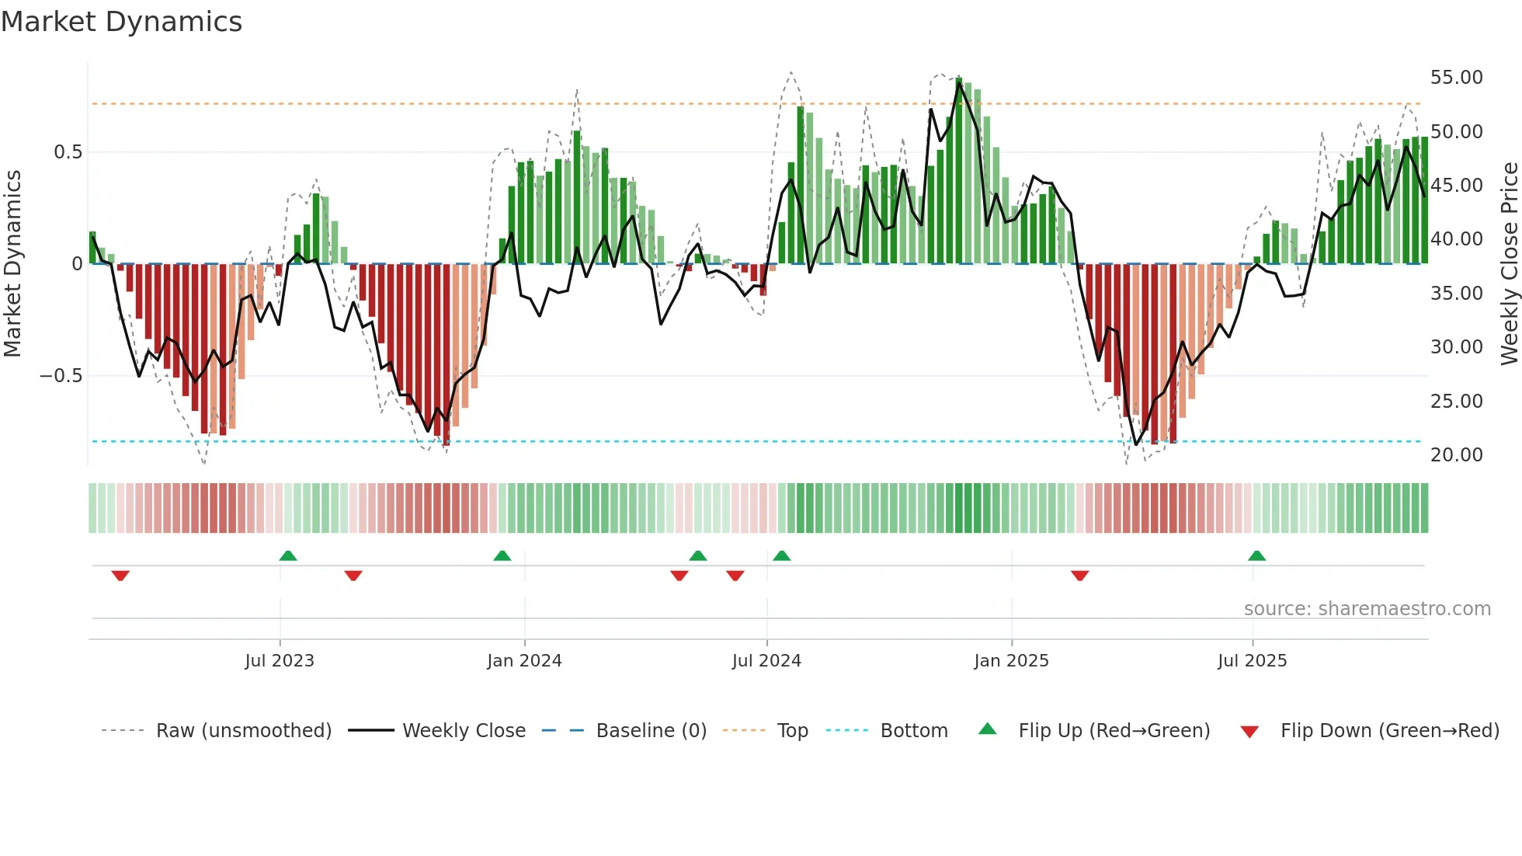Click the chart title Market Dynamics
(122, 22)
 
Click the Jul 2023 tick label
(280, 661)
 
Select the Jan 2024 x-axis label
(524, 661)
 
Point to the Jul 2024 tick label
(766, 661)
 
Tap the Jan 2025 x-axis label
(1011, 661)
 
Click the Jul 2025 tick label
(1252, 661)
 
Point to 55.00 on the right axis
(1456, 78)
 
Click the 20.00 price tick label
(1456, 455)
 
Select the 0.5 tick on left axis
(68, 152)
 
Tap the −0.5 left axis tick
(61, 376)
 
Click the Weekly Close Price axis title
(1509, 264)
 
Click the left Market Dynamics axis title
(12, 264)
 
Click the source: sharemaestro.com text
(1367, 609)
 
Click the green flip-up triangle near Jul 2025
(1256, 556)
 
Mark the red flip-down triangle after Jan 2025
(1079, 576)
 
